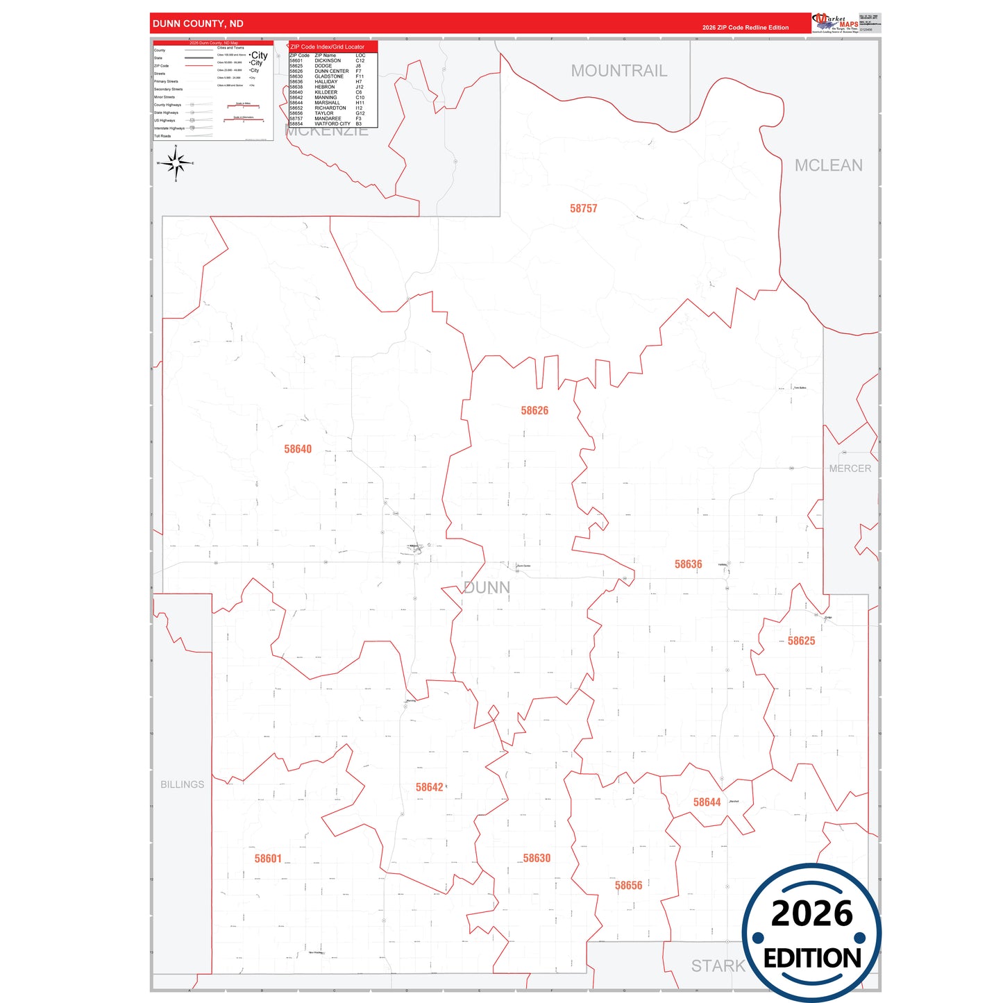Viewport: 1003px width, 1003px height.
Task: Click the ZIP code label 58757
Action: [583, 208]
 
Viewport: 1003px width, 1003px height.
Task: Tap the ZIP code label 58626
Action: [534, 410]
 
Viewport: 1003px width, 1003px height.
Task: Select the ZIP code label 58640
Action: [298, 449]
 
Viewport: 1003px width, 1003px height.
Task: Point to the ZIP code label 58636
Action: [688, 564]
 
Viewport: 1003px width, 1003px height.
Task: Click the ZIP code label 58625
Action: [801, 641]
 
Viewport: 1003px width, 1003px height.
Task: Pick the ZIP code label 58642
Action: [429, 787]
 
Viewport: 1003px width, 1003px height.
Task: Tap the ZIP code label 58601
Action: [268, 859]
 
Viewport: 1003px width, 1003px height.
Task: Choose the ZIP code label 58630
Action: [537, 858]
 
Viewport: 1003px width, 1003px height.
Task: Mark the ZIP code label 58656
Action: [628, 885]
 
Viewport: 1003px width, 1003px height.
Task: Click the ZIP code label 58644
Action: [707, 802]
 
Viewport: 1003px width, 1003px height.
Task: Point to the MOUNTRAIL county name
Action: [618, 71]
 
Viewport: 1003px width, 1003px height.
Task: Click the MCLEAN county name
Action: [828, 165]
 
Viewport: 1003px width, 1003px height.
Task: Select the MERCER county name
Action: [850, 469]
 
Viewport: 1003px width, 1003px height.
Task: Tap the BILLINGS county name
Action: [182, 784]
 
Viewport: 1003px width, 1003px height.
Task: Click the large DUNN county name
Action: [486, 588]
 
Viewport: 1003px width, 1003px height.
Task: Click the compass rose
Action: [176, 164]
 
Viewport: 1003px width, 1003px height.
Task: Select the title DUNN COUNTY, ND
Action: [198, 24]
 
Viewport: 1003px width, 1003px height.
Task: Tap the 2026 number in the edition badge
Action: [811, 913]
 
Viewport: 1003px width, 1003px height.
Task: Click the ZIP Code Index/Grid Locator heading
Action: [327, 47]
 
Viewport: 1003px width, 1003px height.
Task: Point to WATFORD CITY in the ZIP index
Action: [332, 124]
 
